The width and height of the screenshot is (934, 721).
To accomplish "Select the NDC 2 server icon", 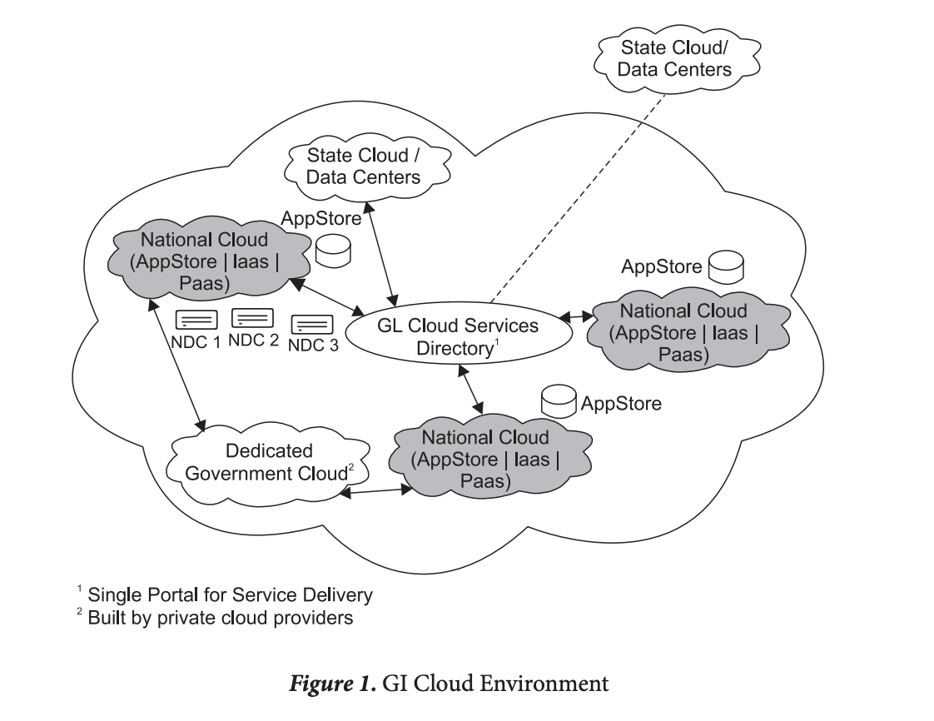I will [x=252, y=317].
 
